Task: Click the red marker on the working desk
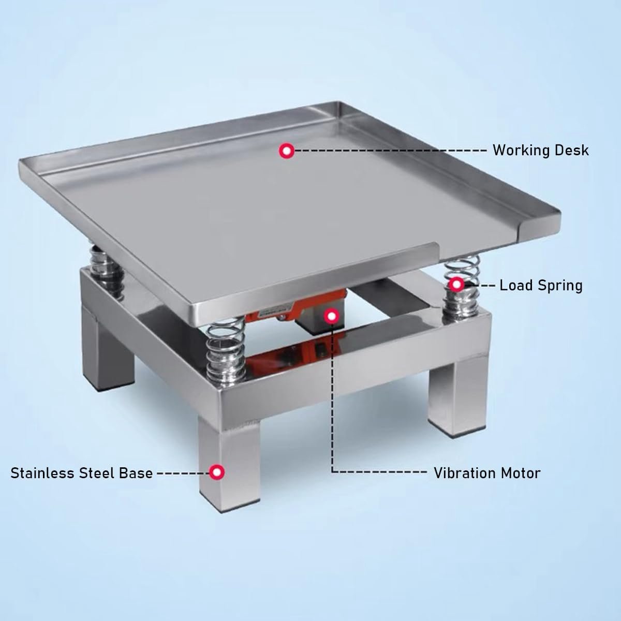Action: coord(287,151)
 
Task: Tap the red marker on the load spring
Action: coord(456,285)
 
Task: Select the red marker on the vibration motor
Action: coord(332,316)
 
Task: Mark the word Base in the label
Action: coord(136,473)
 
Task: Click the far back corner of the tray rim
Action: coord(341,103)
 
